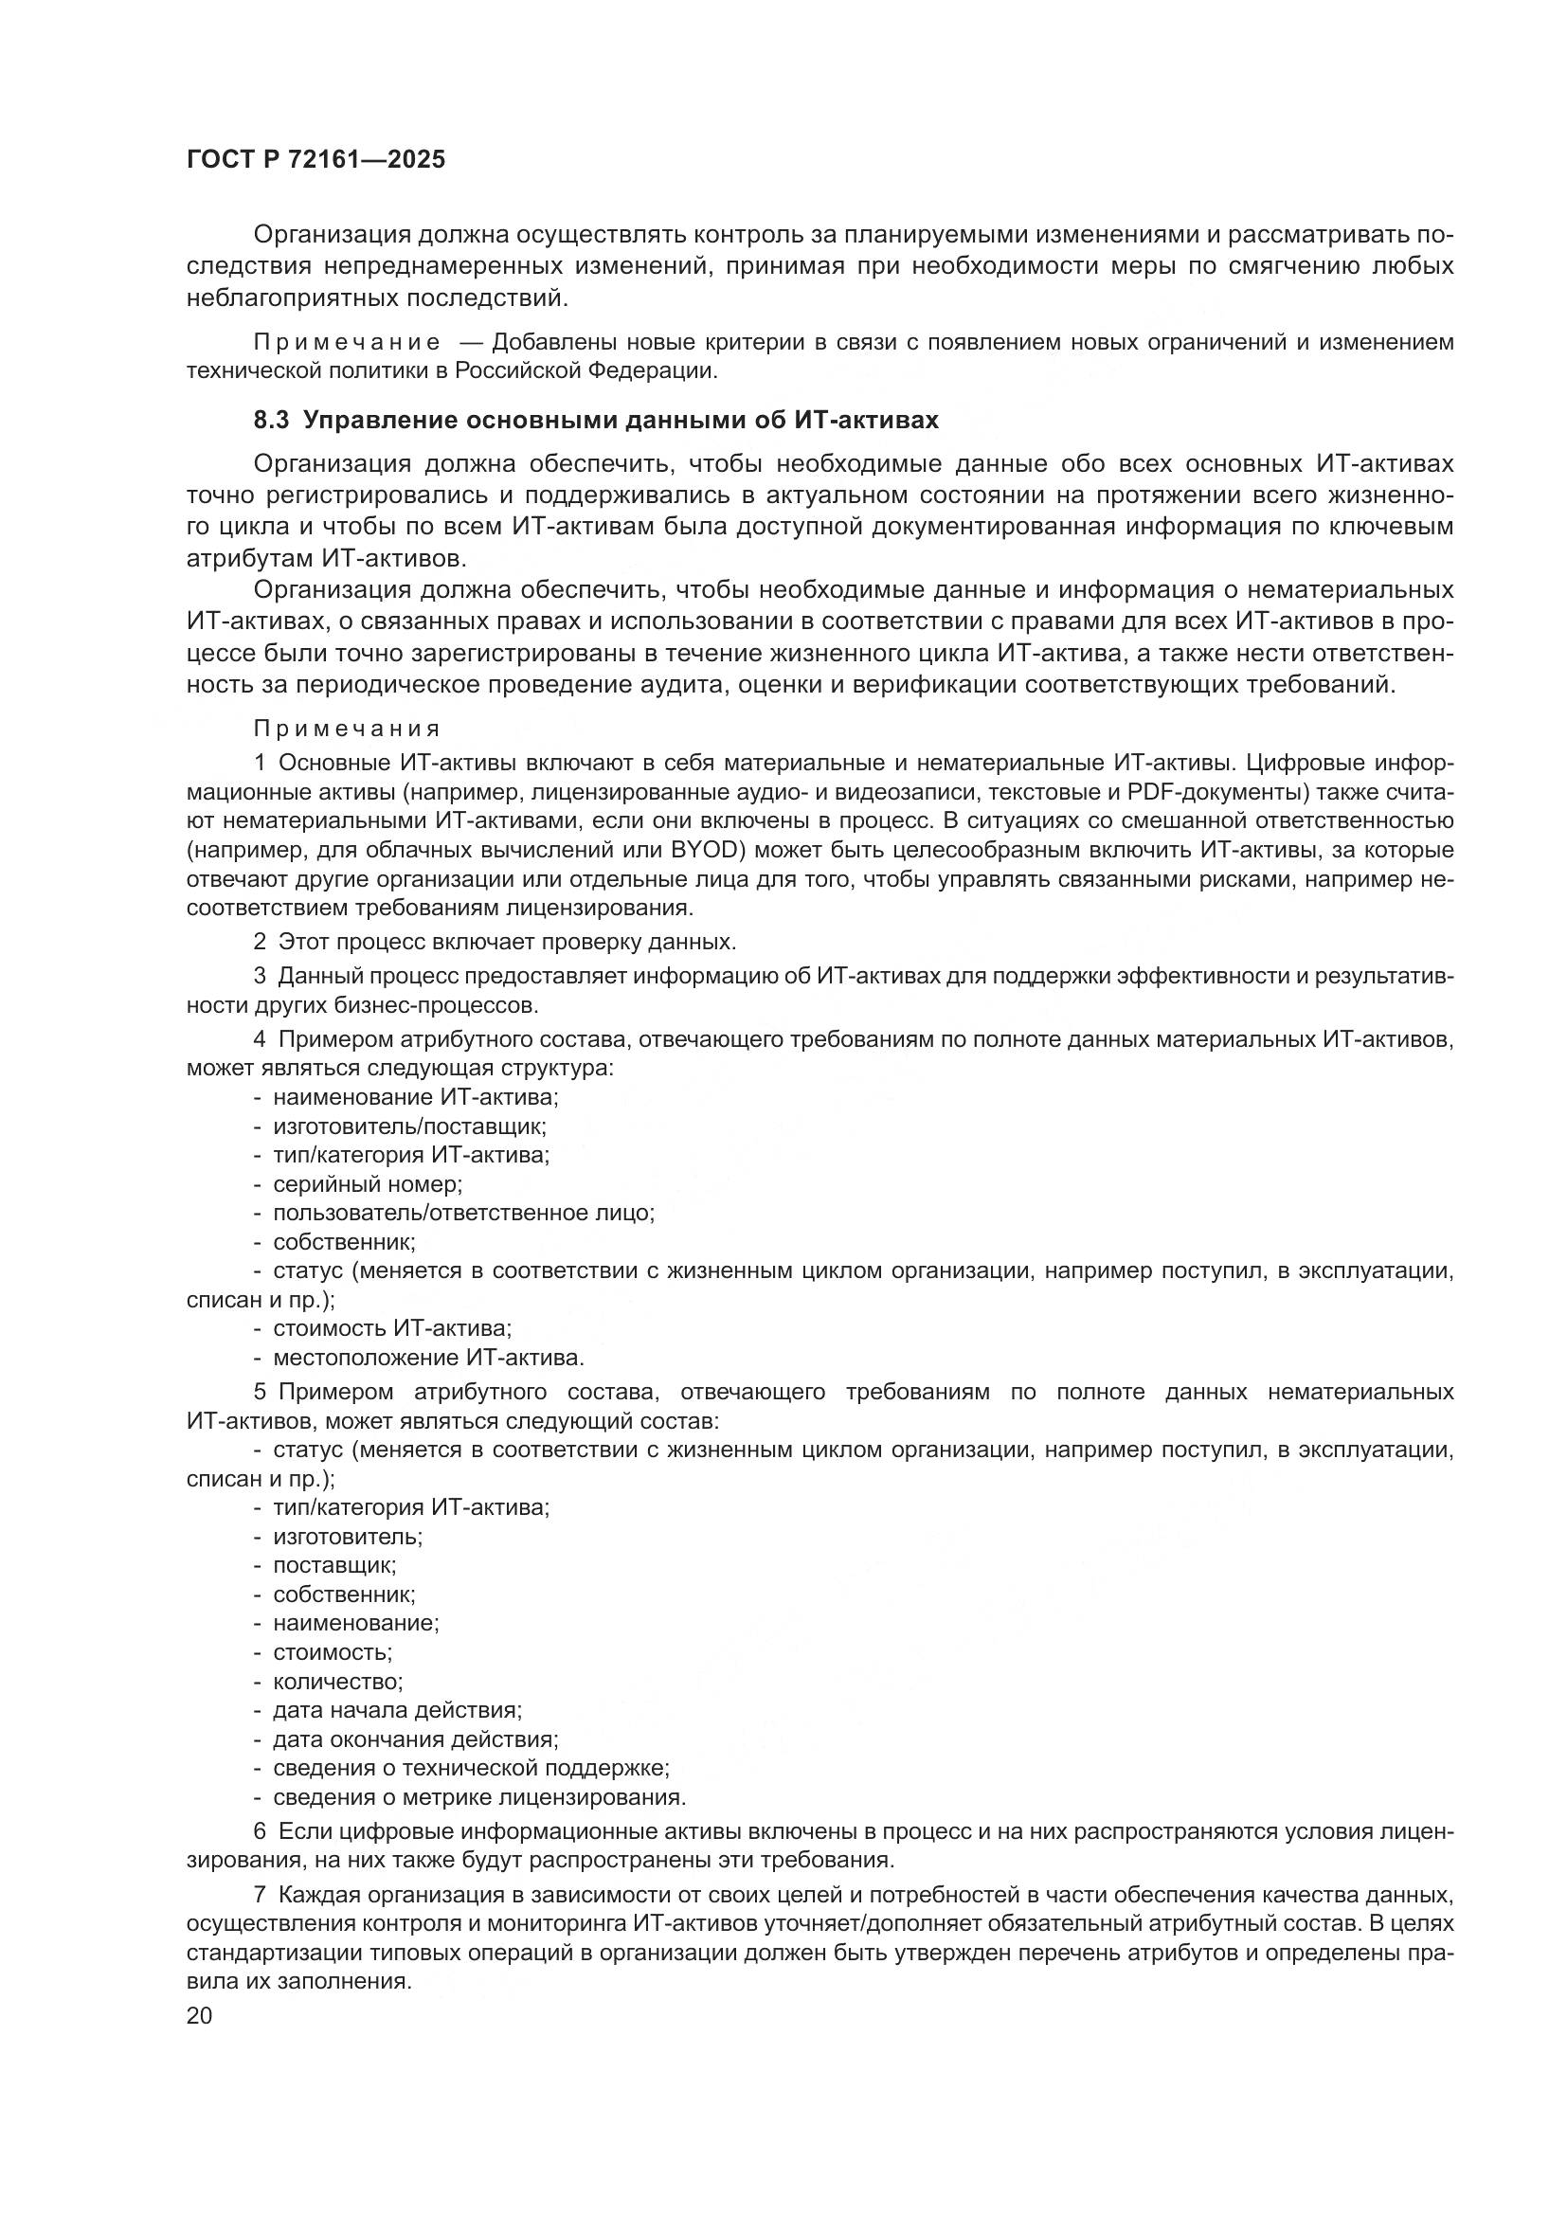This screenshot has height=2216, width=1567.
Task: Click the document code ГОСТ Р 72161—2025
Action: click(x=315, y=160)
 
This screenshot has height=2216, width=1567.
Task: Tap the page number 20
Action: click(x=200, y=2015)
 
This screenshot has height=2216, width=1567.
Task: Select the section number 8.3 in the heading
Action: click(x=272, y=421)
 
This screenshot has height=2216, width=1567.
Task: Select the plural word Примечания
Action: click(x=348, y=729)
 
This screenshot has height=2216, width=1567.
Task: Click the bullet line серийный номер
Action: click(x=367, y=1184)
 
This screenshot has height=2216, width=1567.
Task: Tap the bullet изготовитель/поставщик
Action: click(x=409, y=1126)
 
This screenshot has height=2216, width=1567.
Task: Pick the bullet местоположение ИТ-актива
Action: click(x=427, y=1358)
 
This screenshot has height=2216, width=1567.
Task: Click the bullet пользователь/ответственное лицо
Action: click(x=463, y=1214)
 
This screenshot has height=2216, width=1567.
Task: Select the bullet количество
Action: click(x=336, y=1682)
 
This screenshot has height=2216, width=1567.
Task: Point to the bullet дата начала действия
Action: click(x=397, y=1710)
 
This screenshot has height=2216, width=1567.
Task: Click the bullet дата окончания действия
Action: click(x=415, y=1739)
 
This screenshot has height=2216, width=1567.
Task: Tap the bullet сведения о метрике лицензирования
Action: click(x=478, y=1797)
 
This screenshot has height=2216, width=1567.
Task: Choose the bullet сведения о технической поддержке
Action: click(x=471, y=1768)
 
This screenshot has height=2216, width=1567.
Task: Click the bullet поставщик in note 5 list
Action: click(x=333, y=1565)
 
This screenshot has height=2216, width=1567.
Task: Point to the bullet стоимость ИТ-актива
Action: click(x=392, y=1329)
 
